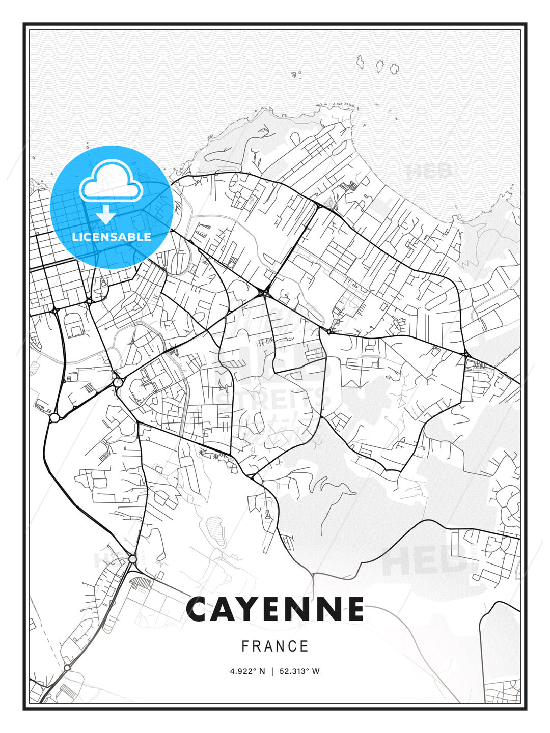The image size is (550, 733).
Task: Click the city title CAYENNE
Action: [275, 609]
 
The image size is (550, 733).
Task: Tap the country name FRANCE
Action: [275, 646]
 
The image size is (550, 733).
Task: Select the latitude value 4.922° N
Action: [248, 671]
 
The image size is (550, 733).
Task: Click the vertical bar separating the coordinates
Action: [272, 671]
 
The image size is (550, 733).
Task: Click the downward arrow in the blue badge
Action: [106, 215]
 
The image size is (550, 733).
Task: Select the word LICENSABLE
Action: [112, 237]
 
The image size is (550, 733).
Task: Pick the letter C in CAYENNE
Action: [200, 609]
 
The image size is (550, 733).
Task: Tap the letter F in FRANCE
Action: [245, 646]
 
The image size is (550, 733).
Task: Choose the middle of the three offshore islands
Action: [379, 66]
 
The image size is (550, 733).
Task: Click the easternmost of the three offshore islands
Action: [394, 68]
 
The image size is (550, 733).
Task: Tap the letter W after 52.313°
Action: [316, 671]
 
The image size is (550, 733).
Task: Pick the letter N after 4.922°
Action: [262, 671]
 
